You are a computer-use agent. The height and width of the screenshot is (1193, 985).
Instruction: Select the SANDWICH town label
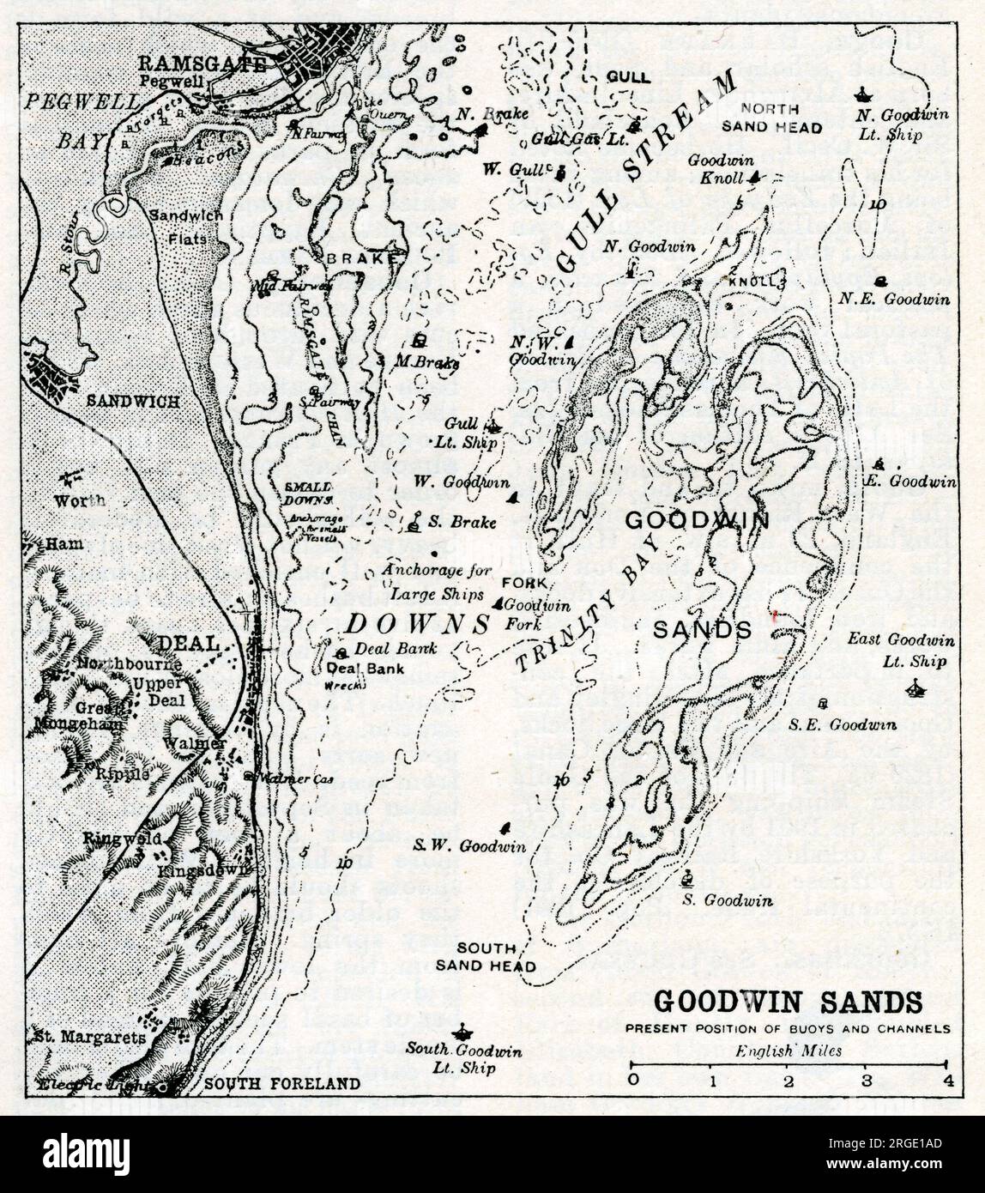(x=133, y=401)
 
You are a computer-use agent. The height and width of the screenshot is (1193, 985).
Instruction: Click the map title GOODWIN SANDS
(x=789, y=1002)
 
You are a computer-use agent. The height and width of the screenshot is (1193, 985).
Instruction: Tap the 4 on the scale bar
(x=947, y=1079)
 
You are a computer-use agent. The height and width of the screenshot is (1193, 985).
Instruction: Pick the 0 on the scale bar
(x=632, y=1079)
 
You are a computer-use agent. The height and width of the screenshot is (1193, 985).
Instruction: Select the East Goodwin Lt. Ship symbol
(x=916, y=686)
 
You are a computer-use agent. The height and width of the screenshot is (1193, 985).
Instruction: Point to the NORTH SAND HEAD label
(x=770, y=118)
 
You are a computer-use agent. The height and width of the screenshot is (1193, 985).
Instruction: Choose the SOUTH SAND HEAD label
(x=486, y=957)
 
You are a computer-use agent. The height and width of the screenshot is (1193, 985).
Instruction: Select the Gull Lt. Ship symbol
(x=493, y=424)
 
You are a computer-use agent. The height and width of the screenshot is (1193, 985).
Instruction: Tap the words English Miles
(x=789, y=1051)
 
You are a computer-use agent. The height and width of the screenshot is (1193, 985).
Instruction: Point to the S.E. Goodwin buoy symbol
(x=824, y=704)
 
